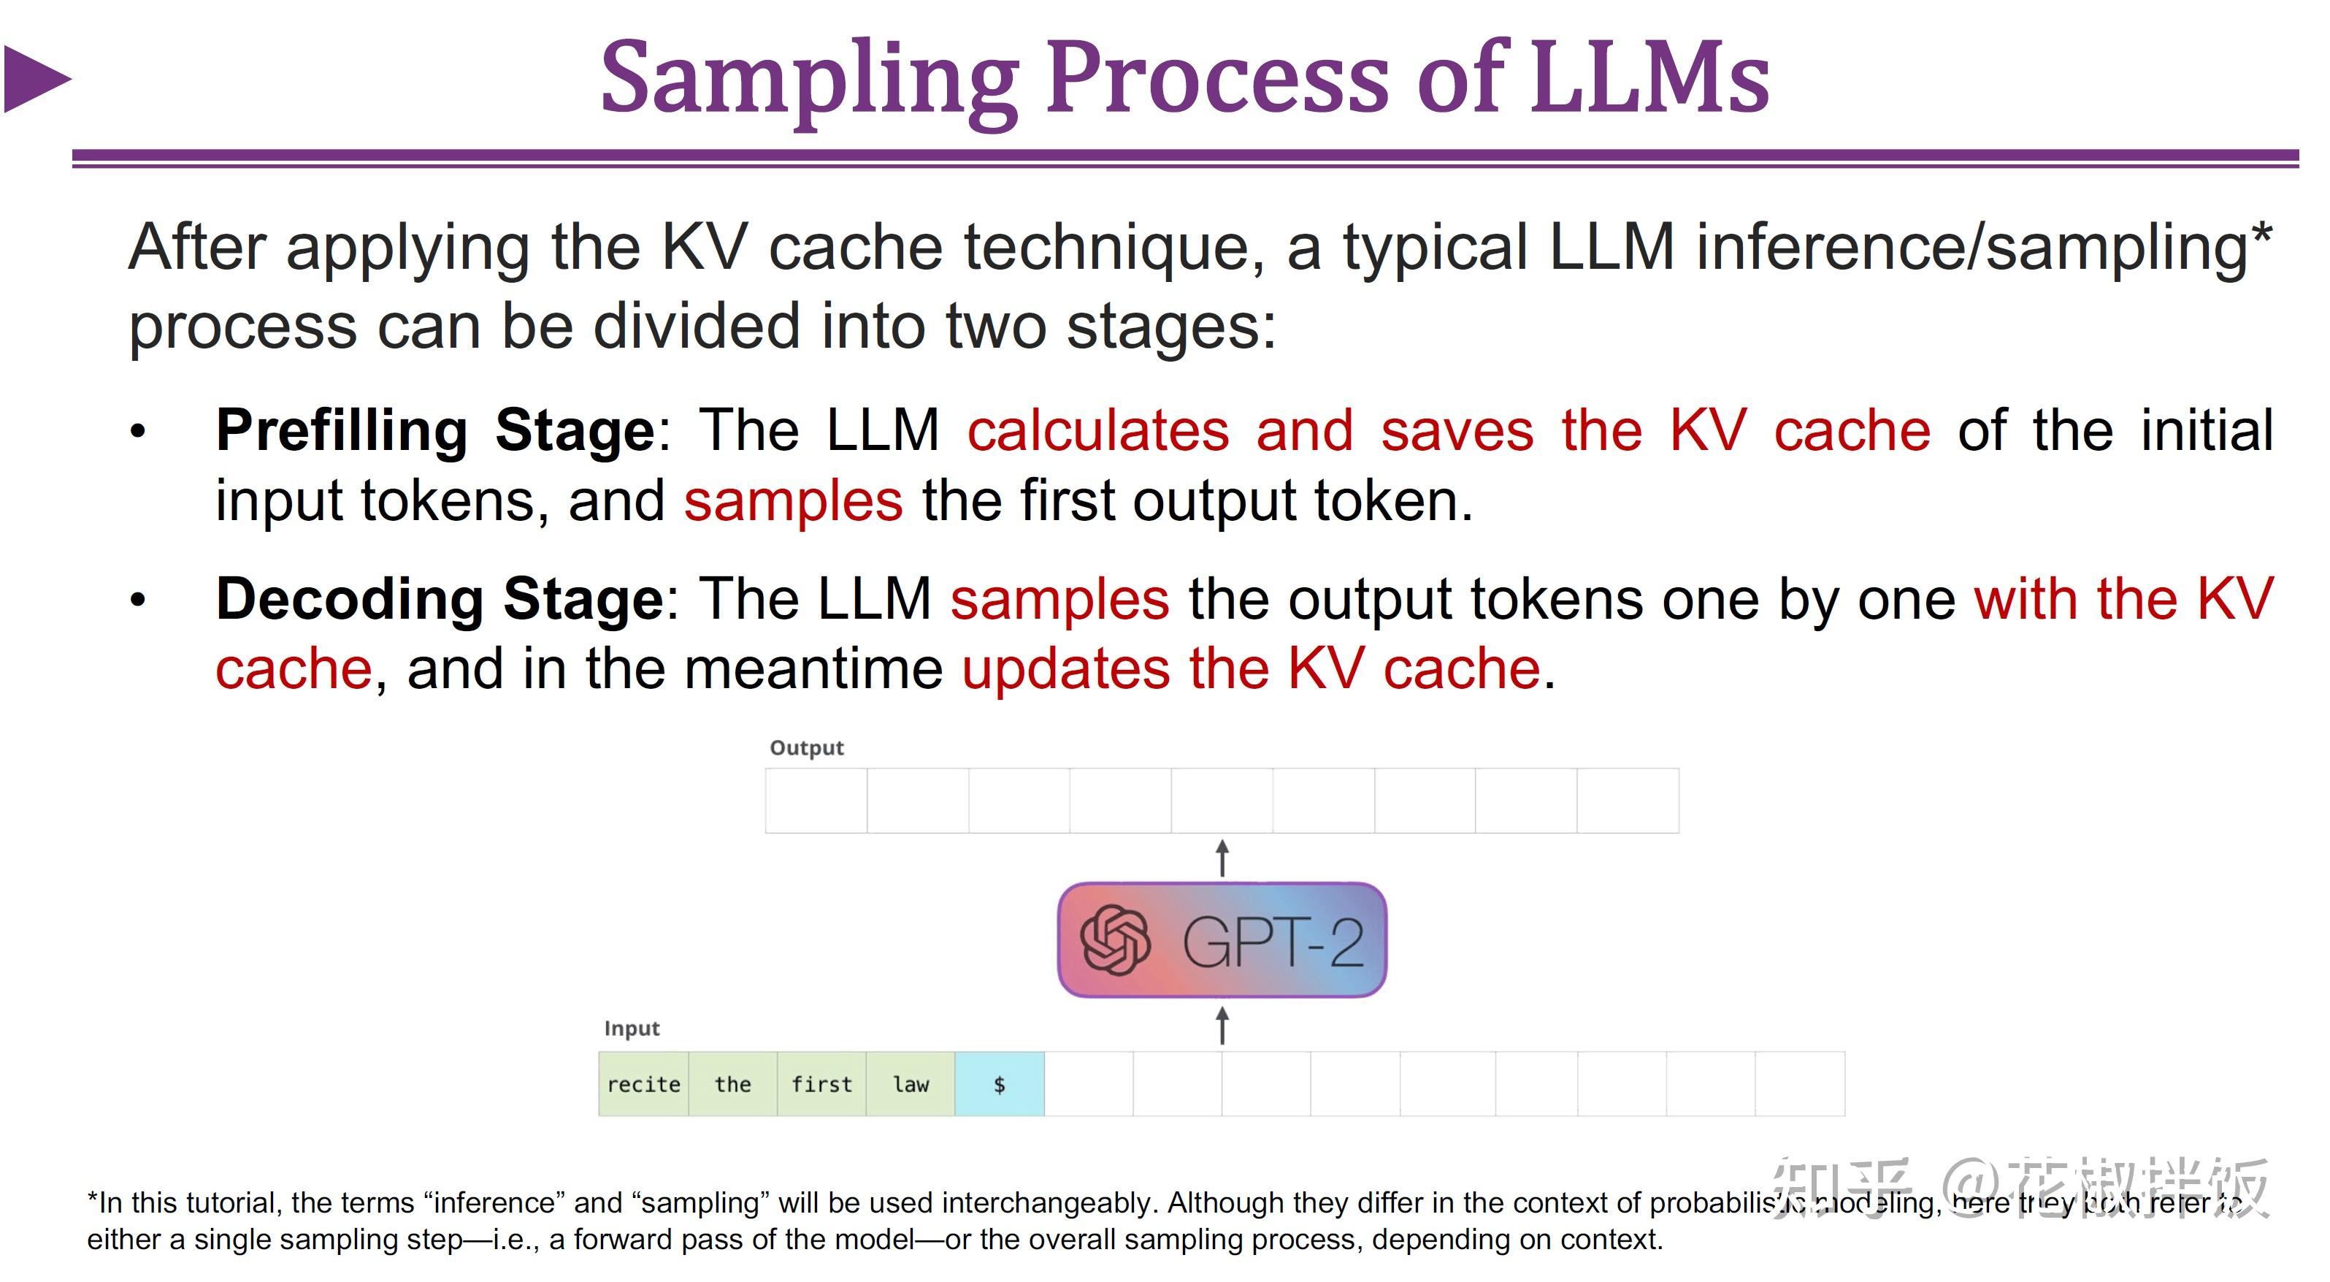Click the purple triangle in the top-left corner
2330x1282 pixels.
34,80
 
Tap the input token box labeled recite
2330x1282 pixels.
643,1084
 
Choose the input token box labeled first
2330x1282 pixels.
821,1084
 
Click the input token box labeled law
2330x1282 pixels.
910,1084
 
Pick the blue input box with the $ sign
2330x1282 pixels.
999,1084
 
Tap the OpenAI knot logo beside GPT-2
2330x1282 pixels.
1114,941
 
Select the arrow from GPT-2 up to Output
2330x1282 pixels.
1222,858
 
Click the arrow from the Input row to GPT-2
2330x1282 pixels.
1222,1025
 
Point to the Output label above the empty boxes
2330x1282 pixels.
806,748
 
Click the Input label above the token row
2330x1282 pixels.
632,1029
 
